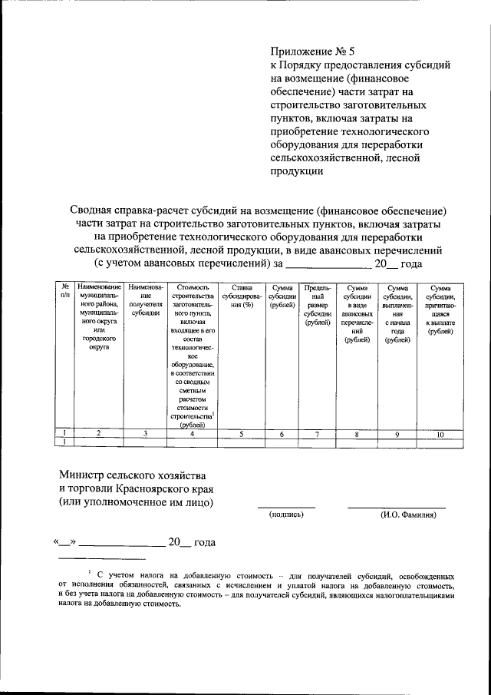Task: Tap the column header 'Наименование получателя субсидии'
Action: [145, 300]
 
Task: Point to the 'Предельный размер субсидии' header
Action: [317, 305]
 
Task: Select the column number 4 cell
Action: [192, 434]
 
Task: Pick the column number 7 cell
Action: [317, 434]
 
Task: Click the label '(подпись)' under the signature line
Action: [286, 515]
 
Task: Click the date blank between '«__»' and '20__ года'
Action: [123, 543]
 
